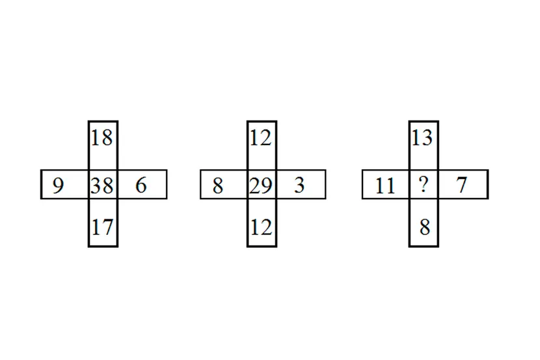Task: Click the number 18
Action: click(x=102, y=138)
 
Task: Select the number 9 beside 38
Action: click(x=58, y=186)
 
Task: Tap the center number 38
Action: click(x=102, y=186)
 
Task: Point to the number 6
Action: click(x=141, y=185)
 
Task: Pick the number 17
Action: click(x=103, y=227)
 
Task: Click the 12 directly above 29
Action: click(x=261, y=138)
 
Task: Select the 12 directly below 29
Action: click(x=261, y=227)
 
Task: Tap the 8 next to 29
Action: click(x=218, y=186)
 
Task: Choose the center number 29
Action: click(x=261, y=186)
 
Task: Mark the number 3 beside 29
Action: click(x=300, y=185)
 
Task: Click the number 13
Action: click(x=422, y=138)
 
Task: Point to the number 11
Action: click(x=385, y=186)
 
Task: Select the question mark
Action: click(x=424, y=184)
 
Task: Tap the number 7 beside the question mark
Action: click(x=462, y=185)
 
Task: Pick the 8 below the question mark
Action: click(x=425, y=227)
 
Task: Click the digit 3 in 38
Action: click(x=96, y=186)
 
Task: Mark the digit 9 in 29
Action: click(x=267, y=186)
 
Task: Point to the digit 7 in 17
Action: click(x=108, y=227)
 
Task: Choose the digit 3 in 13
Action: click(x=427, y=138)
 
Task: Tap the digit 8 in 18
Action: click(x=107, y=138)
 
